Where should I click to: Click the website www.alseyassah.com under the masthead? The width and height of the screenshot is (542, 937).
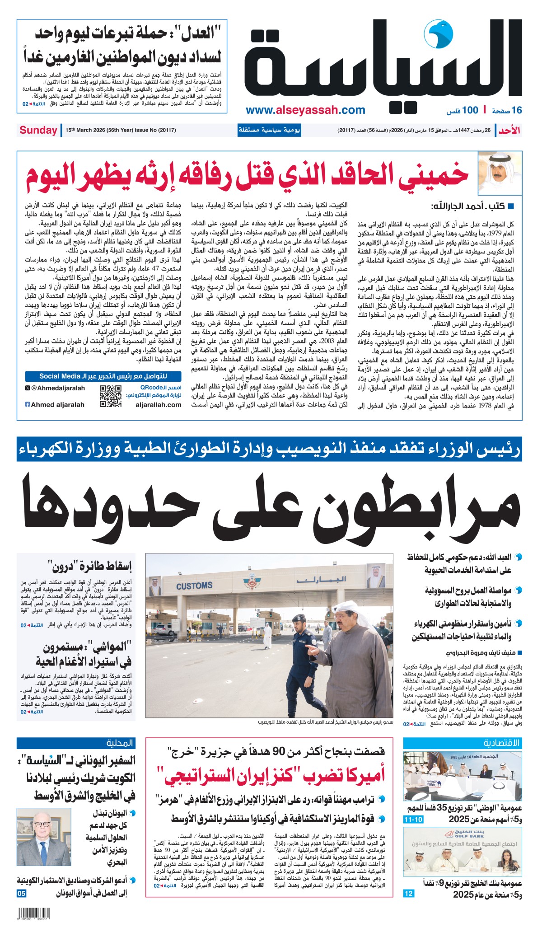click(x=305, y=110)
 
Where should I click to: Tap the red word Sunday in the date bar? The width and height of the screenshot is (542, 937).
click(x=38, y=130)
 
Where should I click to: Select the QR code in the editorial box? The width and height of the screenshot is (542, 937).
click(x=110, y=396)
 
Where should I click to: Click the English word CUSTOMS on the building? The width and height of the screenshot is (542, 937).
click(x=194, y=586)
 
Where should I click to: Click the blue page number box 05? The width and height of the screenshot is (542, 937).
click(x=22, y=893)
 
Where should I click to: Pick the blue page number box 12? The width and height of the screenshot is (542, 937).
click(x=408, y=893)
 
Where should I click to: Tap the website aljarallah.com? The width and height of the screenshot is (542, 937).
click(x=158, y=405)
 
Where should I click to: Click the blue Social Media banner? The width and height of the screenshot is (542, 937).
click(x=103, y=376)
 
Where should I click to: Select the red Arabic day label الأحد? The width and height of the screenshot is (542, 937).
click(x=509, y=131)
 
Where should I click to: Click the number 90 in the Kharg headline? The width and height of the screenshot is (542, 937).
click(x=278, y=751)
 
